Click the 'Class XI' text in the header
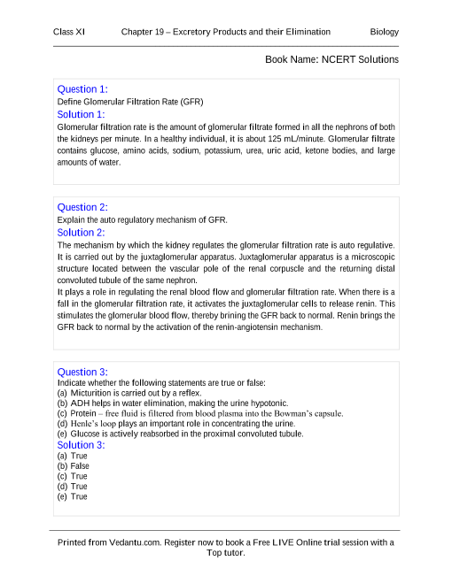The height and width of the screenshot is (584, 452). click(69, 32)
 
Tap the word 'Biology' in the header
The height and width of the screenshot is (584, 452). click(384, 32)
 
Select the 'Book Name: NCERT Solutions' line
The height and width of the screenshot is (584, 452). click(331, 59)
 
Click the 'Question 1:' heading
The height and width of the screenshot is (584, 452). click(82, 89)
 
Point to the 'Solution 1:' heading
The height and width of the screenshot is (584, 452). click(81, 114)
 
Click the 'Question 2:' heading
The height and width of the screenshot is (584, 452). click(82, 207)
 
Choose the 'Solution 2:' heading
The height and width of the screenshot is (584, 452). click(81, 232)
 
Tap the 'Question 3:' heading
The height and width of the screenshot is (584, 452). click(82, 372)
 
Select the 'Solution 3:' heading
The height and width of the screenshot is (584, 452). click(81, 445)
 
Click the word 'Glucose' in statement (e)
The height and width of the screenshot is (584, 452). click(86, 434)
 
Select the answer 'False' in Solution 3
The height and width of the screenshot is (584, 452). click(80, 465)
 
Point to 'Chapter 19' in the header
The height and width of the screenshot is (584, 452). click(144, 32)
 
